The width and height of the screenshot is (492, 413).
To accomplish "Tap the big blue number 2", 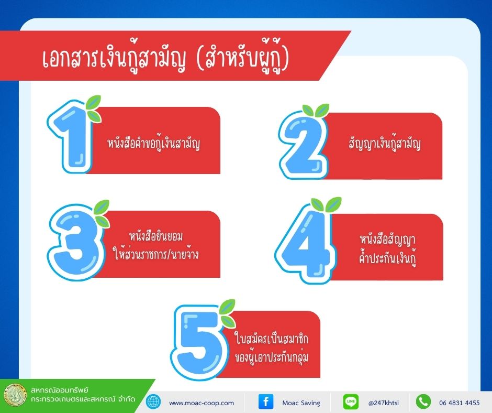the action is pos(303,146).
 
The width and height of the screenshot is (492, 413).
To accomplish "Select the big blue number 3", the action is pos(75,242).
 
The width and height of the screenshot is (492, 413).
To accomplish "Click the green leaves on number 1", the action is pos(94,108).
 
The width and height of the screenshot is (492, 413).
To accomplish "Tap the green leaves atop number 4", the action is pos(326,204).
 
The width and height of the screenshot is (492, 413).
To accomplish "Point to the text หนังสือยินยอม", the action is pos(155,236).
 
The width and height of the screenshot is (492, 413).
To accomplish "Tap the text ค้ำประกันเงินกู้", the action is pos(387,258).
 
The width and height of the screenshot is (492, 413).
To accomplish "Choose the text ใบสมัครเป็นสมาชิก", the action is pos(272,339).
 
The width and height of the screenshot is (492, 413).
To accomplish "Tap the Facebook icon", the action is pos(266,401).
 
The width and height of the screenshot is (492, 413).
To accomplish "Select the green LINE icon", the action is pos(351,401).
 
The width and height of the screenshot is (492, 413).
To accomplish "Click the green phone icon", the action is pos(423,401).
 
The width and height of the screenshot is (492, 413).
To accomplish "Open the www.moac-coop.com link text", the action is pos(202,403).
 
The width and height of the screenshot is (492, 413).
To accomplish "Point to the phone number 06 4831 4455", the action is pos(460,403).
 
